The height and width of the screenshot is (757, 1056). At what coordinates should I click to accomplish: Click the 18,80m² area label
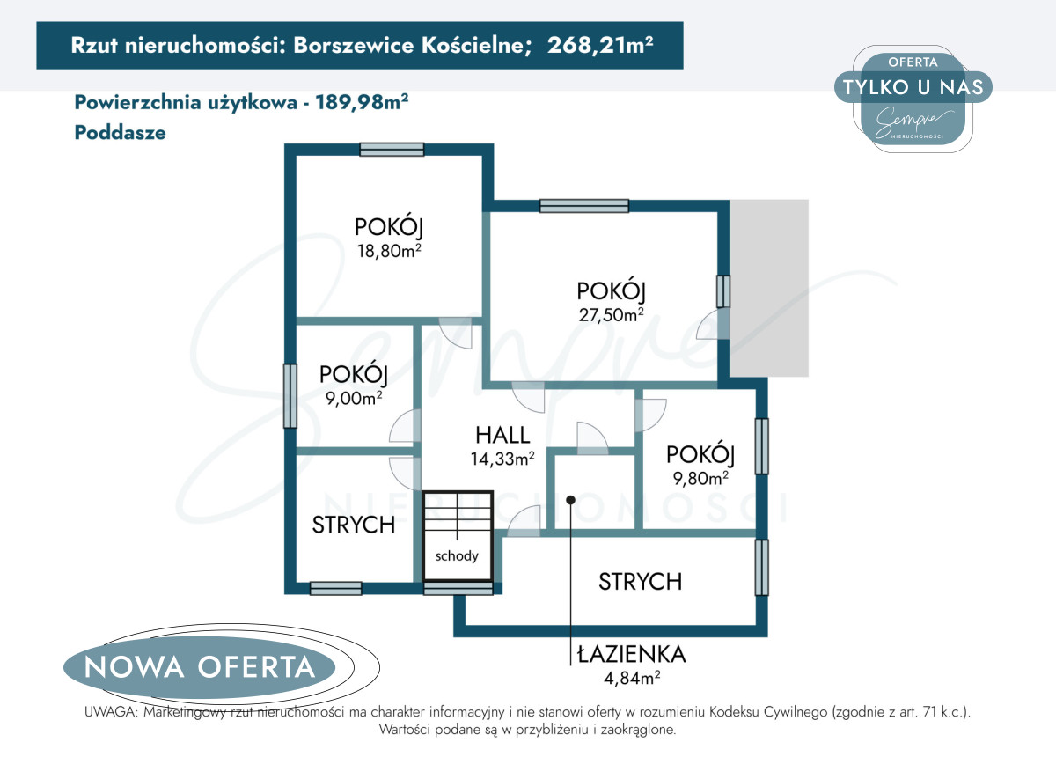pos(389,251)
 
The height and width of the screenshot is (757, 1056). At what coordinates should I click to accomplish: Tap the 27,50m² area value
pos(611,314)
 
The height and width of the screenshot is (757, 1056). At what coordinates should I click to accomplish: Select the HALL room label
pos(502,435)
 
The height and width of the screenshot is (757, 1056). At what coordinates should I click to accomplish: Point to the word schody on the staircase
pos(457,556)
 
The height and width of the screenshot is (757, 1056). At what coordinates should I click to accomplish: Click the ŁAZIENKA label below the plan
pos(631,655)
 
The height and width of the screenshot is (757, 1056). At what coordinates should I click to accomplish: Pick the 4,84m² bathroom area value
pos(632,678)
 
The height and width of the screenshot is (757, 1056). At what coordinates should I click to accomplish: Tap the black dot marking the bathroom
pos(570,500)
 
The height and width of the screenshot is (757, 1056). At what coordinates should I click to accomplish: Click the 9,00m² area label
pos(354,398)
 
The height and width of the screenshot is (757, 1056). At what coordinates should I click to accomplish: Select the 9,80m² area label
pos(700,478)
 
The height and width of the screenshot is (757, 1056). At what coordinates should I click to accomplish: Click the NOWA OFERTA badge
pos(200,667)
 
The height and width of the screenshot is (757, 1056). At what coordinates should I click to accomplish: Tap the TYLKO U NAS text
pos(913,87)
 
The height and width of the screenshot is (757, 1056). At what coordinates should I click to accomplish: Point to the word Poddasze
pos(121,133)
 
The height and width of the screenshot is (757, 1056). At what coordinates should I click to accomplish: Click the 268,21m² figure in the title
pos(600,45)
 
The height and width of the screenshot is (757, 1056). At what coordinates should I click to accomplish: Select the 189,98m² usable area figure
pos(362,102)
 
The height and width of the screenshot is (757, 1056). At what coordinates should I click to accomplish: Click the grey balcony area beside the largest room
pos(769,288)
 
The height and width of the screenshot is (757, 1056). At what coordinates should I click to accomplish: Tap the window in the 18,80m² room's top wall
pos(392,150)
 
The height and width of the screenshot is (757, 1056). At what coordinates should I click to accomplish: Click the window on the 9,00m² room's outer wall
pos(290,396)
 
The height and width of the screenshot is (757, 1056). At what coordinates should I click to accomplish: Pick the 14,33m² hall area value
pos(502,459)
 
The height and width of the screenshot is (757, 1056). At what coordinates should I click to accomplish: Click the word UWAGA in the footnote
pos(110,712)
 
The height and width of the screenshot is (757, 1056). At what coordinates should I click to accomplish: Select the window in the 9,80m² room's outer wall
pos(762,446)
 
